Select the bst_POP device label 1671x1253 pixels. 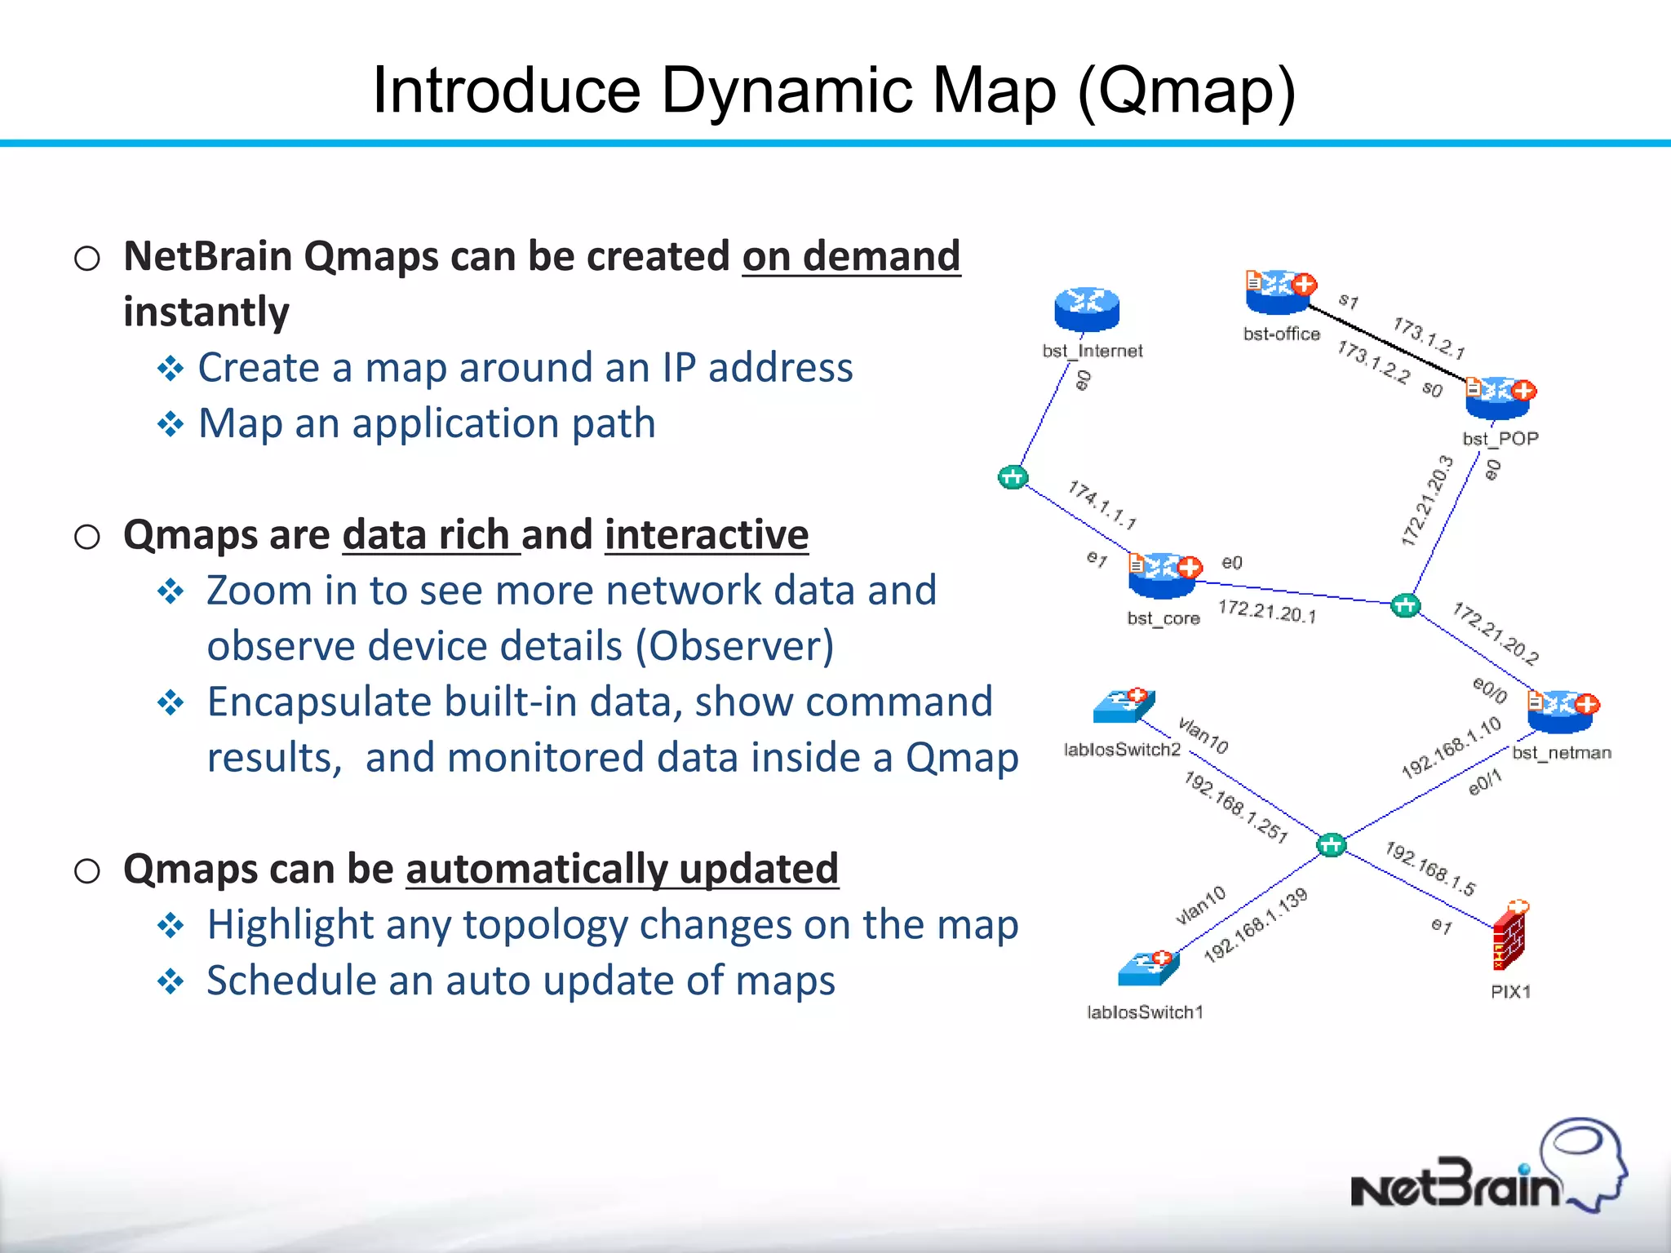click(x=1500, y=439)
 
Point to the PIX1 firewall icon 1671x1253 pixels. click(x=1510, y=938)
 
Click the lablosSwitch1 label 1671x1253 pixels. click(x=1145, y=1012)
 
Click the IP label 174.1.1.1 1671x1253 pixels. click(x=1102, y=505)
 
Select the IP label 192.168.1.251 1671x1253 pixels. click(x=1235, y=807)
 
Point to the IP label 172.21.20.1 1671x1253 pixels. click(x=1266, y=612)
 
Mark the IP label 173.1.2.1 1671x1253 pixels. click(x=1428, y=338)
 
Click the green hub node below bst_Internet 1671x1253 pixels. click(x=1013, y=477)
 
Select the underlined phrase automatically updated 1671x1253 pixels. click(x=622, y=869)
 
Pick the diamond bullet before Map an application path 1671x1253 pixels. click(x=171, y=424)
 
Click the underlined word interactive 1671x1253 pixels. click(x=707, y=535)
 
